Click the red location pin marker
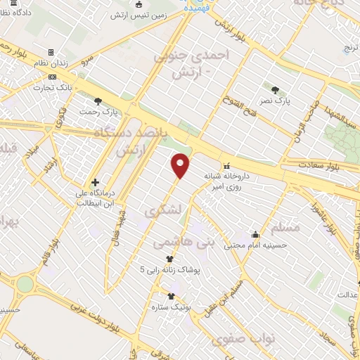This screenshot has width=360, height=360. (x=181, y=164)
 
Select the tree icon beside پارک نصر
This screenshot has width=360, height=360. (x=275, y=89)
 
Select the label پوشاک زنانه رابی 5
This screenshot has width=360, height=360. (x=169, y=269)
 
